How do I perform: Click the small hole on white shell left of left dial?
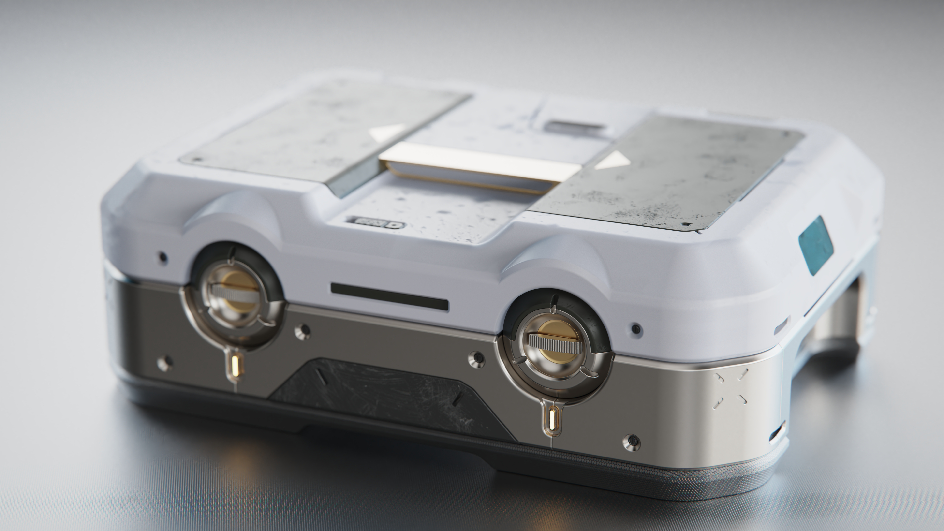click(x=162, y=256)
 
